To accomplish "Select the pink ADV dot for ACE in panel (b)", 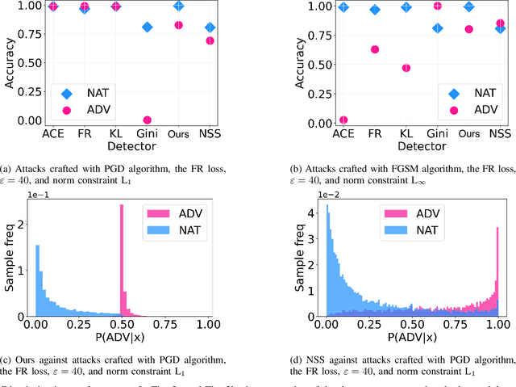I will coord(344,120).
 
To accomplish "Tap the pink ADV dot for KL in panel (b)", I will coord(406,67).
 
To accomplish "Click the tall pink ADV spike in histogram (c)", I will coord(121,259).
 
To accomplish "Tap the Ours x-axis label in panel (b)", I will coord(469,132).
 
